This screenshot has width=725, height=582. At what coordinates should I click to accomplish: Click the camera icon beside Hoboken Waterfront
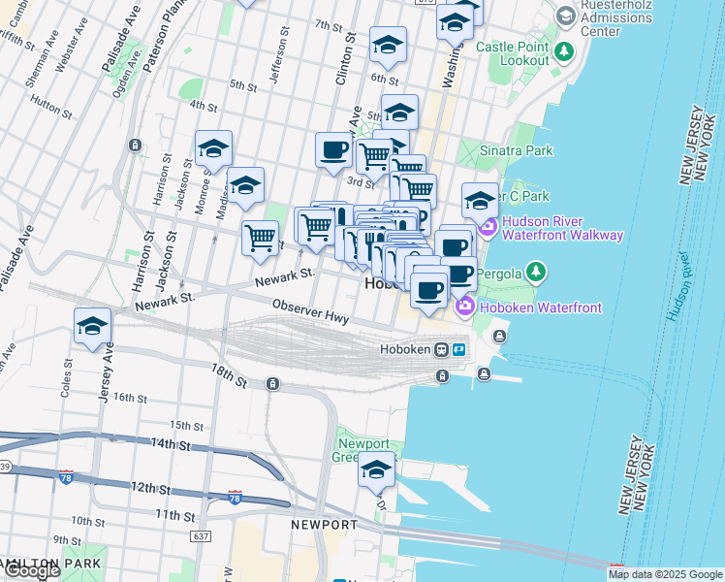pos(464,307)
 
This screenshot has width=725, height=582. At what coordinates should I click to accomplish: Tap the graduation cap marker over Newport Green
pos(376,469)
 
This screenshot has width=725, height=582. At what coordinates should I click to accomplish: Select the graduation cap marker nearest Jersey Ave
pos(92,326)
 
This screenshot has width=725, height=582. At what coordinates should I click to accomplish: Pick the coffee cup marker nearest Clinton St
pos(334,149)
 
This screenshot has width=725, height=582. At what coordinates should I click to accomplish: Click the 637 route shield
pos(201,536)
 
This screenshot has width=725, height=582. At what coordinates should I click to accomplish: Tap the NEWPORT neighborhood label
pos(323,524)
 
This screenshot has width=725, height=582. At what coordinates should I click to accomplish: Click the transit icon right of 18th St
pos(273,384)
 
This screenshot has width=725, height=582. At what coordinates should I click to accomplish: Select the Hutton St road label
pos(47,100)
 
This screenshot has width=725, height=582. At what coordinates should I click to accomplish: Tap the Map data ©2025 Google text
pos(664,574)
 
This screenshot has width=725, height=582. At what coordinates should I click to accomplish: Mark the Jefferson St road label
pos(279,59)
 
